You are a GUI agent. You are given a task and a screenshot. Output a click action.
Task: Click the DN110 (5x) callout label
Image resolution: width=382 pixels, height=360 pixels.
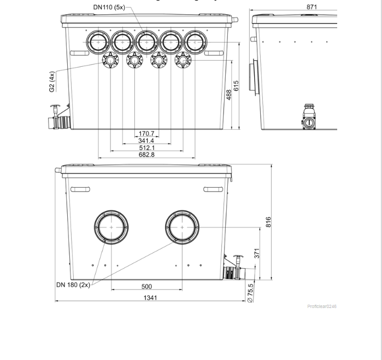coord(109,7)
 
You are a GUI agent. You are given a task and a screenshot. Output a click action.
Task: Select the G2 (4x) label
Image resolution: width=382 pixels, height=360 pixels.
coord(52,82)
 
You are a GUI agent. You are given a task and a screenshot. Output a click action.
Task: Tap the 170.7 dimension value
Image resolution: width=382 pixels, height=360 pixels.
coord(146,133)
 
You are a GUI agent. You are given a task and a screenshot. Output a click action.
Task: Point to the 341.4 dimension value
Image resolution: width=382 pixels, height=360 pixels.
coord(146,141)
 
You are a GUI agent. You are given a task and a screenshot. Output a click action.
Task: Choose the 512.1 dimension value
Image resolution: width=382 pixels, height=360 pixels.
coord(146,148)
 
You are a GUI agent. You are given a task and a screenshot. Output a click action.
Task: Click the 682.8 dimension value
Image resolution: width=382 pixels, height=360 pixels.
coord(146,155)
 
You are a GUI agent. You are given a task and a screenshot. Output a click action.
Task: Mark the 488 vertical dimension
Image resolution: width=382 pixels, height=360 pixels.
coord(230,94)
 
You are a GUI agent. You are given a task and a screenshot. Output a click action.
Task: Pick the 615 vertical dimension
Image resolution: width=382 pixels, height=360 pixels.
coord(237,86)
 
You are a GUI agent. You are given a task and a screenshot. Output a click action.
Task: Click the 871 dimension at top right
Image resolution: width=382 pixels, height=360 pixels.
coord(312,7)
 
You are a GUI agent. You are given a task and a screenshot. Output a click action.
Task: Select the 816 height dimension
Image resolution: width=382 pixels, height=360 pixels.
coord(268,222)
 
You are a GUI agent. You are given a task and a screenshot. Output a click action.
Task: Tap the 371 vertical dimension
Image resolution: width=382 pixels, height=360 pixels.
coord(256,253)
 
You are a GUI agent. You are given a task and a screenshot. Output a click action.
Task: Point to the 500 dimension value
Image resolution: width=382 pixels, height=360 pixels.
coord(146,286)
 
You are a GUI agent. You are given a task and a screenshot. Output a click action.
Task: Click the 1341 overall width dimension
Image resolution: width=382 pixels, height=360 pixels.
coord(150,298)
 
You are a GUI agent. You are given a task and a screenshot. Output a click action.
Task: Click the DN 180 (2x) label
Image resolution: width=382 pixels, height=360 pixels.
coord(73,285)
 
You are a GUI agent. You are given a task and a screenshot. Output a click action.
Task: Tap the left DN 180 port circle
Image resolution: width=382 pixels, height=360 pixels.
coord(111,227)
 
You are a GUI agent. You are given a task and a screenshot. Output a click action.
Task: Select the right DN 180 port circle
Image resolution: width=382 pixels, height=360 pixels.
coord(183,227)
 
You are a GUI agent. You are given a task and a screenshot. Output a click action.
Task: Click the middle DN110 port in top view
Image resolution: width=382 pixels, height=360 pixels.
coord(146,42)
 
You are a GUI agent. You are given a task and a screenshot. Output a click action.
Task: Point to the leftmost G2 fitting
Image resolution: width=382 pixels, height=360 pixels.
coord(111,60)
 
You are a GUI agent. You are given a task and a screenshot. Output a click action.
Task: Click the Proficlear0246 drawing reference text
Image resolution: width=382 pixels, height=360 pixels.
coord(322,306)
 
